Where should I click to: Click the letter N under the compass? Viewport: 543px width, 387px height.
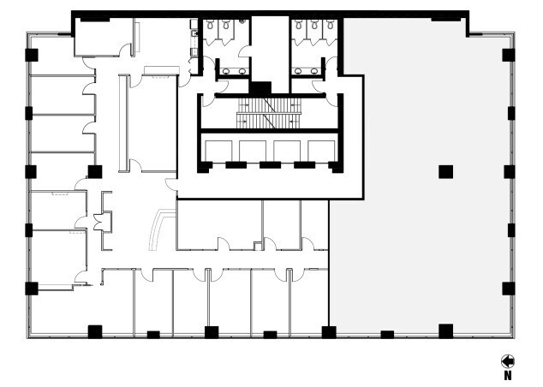pos(508,375)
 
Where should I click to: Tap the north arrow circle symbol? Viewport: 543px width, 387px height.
pos(508,361)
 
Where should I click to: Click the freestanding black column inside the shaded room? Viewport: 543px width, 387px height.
pos(445,171)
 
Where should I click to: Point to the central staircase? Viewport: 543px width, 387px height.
pos(270,109)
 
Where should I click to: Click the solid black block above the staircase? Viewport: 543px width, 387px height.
pos(260,87)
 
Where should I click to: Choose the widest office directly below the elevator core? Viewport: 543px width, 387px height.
pos(218,224)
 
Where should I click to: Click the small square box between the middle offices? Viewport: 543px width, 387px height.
pos(256,248)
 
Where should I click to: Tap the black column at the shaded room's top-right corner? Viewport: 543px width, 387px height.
pos(508,55)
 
